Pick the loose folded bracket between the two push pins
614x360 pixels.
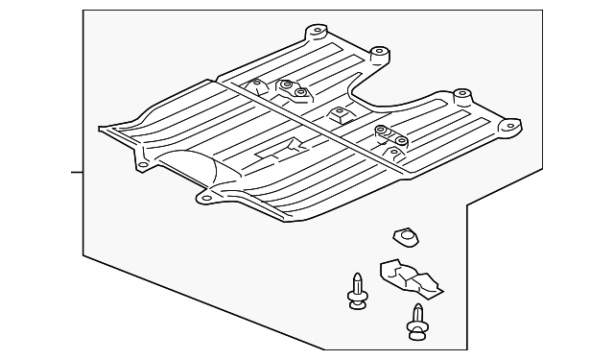pyautogui.click(x=410, y=276)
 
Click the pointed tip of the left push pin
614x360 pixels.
pyautogui.click(x=356, y=276)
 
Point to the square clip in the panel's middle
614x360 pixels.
pyautogui.click(x=339, y=115)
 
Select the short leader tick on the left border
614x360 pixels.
pyautogui.click(x=77, y=173)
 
